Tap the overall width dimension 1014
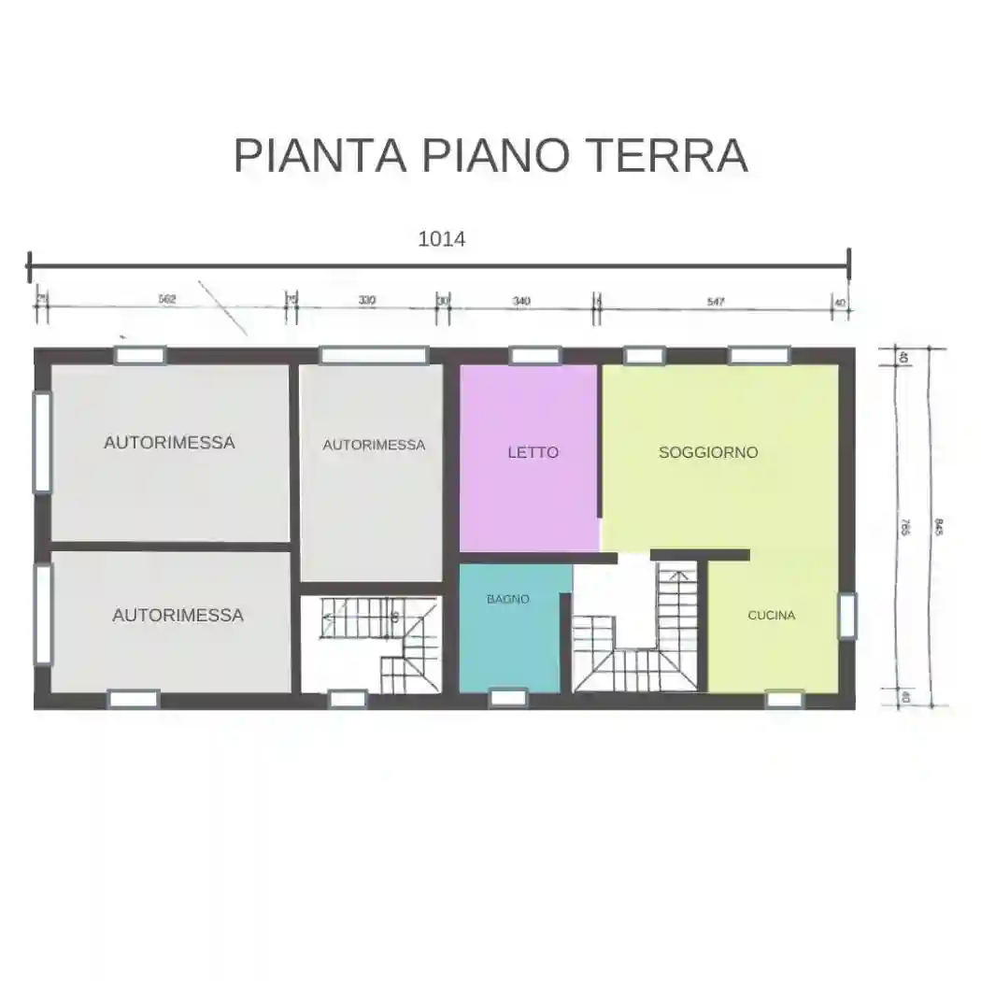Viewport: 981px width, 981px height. pyautogui.click(x=441, y=238)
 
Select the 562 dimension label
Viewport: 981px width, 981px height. pyautogui.click(x=167, y=300)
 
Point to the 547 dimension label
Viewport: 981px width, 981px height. pyautogui.click(x=716, y=301)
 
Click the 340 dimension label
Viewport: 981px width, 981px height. pyautogui.click(x=521, y=301)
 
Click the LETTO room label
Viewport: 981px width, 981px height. pyautogui.click(x=533, y=452)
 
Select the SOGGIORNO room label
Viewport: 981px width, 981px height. pyautogui.click(x=708, y=452)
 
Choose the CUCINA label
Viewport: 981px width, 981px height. pyautogui.click(x=772, y=616)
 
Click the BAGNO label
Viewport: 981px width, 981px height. pyautogui.click(x=508, y=599)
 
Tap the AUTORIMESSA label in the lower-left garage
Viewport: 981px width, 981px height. pyautogui.click(x=178, y=616)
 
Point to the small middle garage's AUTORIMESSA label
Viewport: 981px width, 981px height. pyautogui.click(x=374, y=446)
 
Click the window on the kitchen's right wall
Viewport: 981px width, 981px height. pyautogui.click(x=846, y=616)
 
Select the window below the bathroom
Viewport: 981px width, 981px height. pyautogui.click(x=509, y=698)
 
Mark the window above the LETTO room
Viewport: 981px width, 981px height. pyautogui.click(x=534, y=355)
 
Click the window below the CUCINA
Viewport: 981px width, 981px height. pyautogui.click(x=785, y=698)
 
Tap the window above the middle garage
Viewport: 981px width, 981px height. pyautogui.click(x=374, y=355)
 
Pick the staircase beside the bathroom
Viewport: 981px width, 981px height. pyautogui.click(x=635, y=635)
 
